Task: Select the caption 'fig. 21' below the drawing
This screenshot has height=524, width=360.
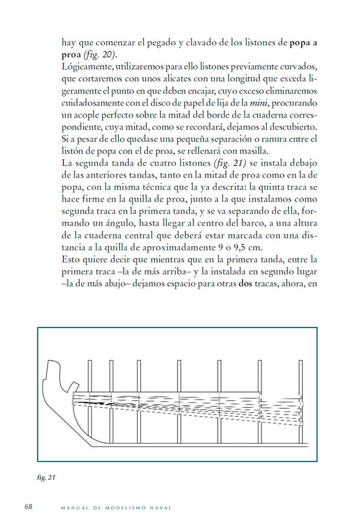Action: point(47,478)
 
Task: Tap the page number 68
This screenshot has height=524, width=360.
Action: point(29,507)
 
